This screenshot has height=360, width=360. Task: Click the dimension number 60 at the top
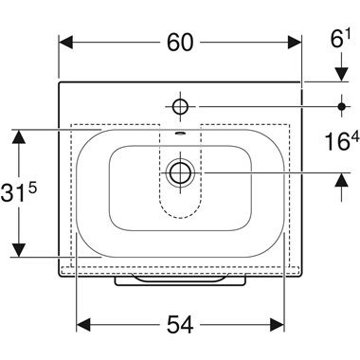pos(181,43)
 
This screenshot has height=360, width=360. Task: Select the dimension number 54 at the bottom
pos(180,324)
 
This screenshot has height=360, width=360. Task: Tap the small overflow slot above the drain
pos(180,135)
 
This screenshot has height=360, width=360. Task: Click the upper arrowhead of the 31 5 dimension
pos(17,136)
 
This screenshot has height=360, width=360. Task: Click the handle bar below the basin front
pos(180,280)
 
